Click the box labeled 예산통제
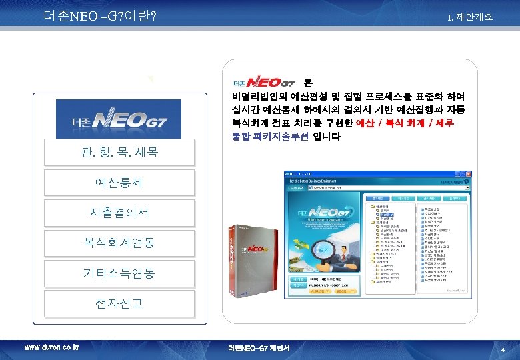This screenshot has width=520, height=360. pyautogui.click(x=119, y=182)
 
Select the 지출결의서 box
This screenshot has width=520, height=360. pyautogui.click(x=119, y=213)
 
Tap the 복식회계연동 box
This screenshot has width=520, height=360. pyautogui.click(x=119, y=243)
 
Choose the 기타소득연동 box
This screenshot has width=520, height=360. pyautogui.click(x=119, y=273)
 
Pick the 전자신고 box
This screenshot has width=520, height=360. pyautogui.click(x=119, y=303)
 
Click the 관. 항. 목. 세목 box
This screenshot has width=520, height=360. pyautogui.click(x=119, y=153)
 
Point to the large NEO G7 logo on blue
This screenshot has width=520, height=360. pyautogui.click(x=119, y=121)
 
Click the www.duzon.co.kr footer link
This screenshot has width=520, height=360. pyautogui.click(x=51, y=348)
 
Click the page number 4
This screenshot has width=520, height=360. pyautogui.click(x=503, y=349)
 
